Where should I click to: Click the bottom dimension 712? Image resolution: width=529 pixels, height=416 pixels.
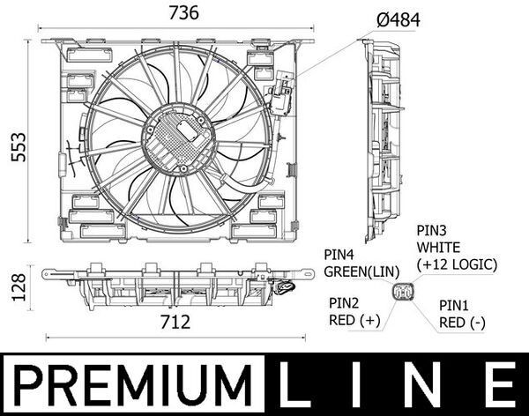(x=175, y=323)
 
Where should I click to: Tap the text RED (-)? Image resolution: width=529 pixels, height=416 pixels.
(x=462, y=323)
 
